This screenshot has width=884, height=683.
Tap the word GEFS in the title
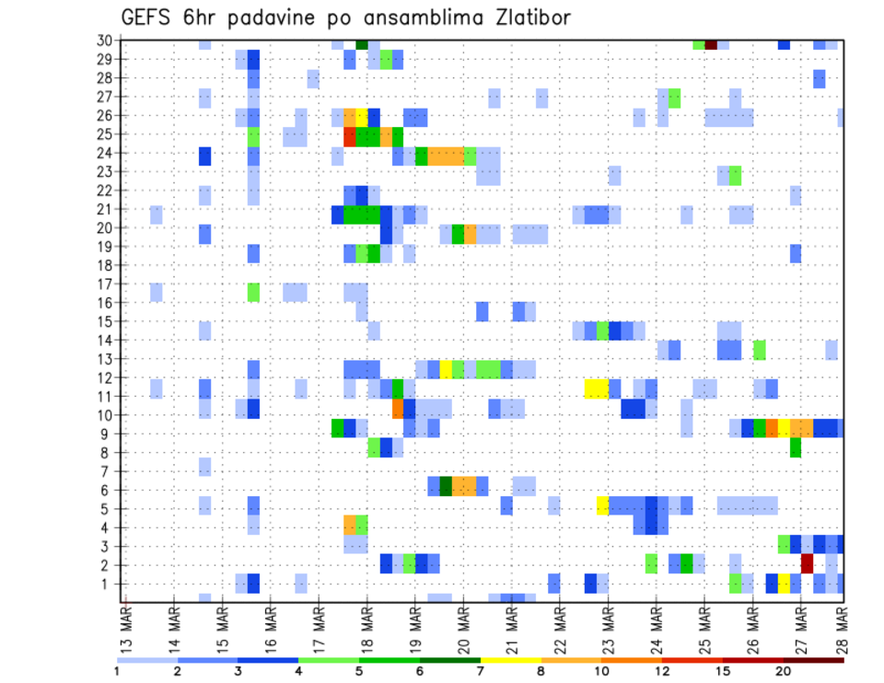(145, 17)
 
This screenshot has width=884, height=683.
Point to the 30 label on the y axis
(105, 41)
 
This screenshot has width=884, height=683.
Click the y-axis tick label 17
(105, 284)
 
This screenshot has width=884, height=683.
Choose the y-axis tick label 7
(109, 471)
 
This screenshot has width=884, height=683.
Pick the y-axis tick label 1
(109, 584)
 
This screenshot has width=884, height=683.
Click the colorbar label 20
(784, 671)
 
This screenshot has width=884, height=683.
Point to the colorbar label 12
(663, 671)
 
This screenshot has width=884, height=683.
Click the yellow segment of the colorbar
(511, 659)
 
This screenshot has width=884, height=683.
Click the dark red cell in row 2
(808, 562)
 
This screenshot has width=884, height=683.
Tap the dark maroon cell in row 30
(711, 43)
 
